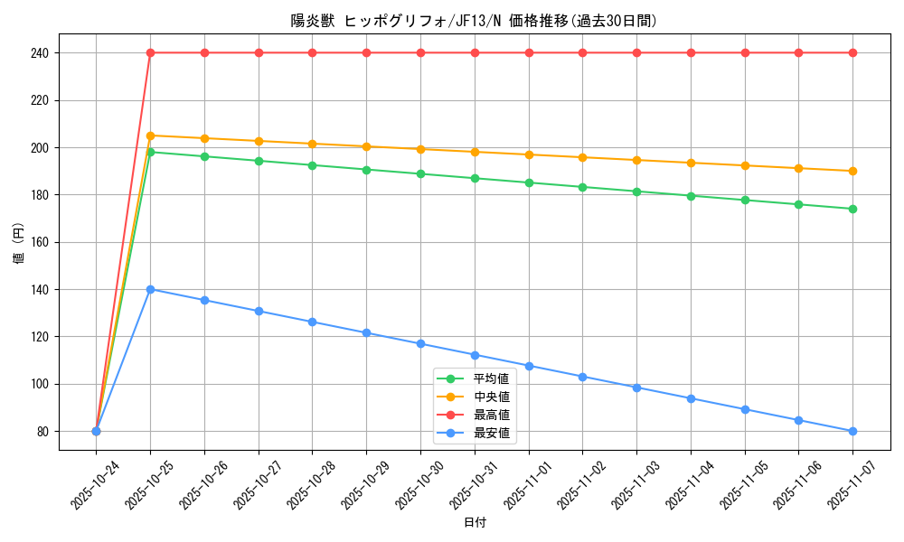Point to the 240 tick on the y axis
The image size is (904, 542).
coord(39,53)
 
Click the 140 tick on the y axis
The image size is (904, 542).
coord(39,289)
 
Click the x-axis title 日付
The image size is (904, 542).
coord(475,523)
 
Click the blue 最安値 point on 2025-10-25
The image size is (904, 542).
coord(150,289)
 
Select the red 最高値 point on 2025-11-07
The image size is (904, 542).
coord(852,52)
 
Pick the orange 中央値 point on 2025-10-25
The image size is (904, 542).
coord(150,135)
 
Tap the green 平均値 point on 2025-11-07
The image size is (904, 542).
coord(852,209)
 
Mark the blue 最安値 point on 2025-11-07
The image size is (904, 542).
coord(852,431)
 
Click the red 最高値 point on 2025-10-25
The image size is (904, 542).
coord(150,52)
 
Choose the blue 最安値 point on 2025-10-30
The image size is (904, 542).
coord(420,343)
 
